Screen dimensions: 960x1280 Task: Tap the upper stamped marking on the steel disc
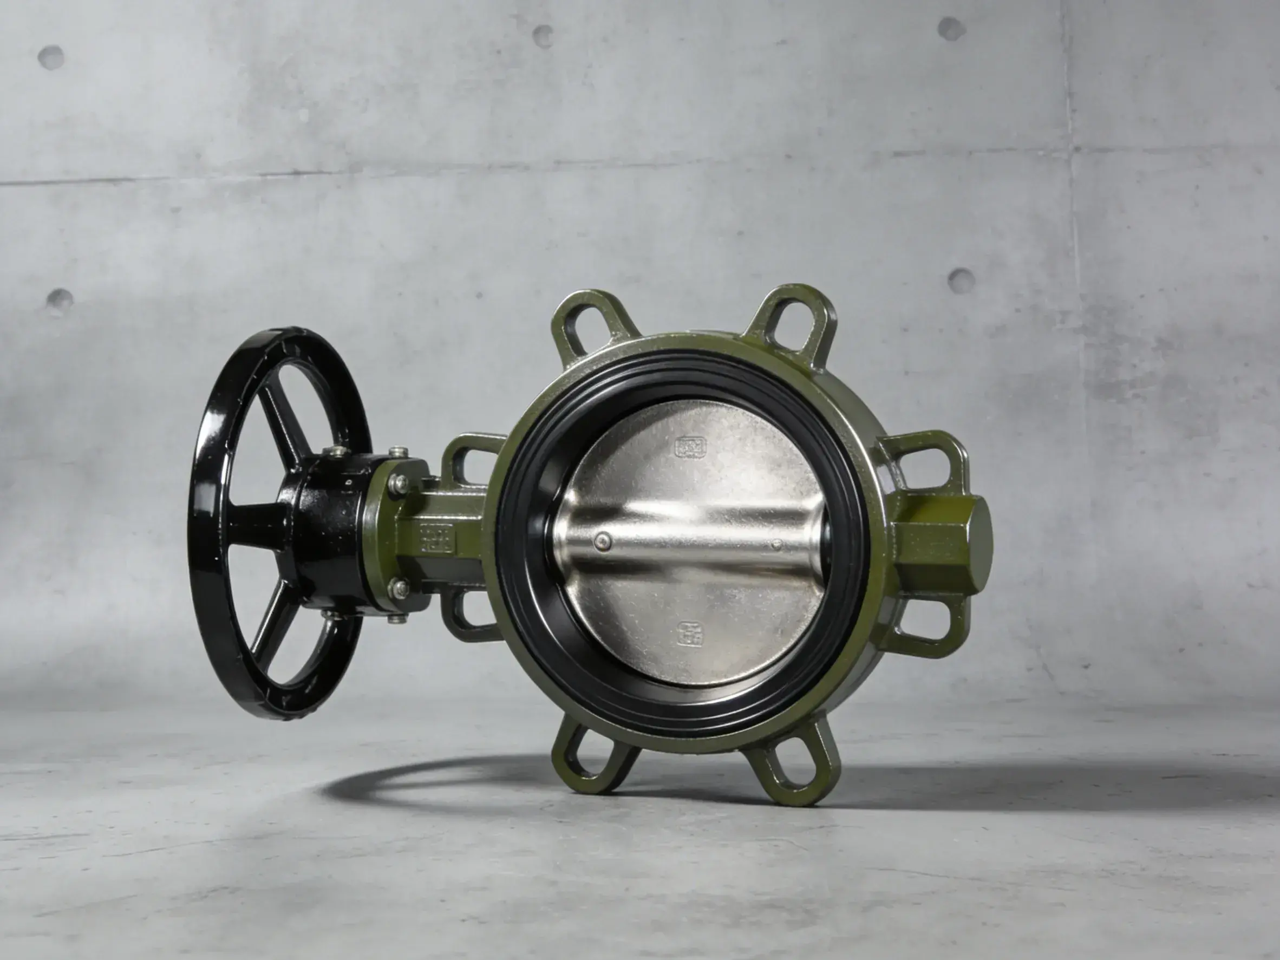pos(691,446)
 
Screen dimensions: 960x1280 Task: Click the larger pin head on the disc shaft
pos(604,541)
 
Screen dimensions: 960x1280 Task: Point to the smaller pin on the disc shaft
pos(777,544)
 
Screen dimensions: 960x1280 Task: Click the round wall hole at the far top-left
pos(51,57)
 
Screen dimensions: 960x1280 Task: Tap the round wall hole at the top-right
pos(951,29)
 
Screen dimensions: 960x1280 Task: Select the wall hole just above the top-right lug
pos(961,281)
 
